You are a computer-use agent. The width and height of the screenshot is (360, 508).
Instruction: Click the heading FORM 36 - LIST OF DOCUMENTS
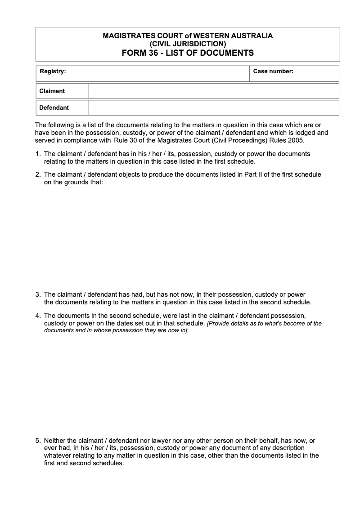tap(188, 53)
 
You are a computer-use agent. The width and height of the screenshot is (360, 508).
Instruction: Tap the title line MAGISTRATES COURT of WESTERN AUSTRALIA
tap(188, 36)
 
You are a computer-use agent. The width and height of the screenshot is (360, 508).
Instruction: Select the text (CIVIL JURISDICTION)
tap(188, 44)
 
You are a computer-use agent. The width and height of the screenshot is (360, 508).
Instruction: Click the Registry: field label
tap(53, 71)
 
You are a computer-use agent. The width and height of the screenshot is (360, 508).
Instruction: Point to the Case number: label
tap(273, 71)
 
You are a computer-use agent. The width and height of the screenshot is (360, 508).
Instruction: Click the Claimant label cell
tap(52, 91)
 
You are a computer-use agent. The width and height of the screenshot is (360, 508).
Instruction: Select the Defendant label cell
tap(54, 108)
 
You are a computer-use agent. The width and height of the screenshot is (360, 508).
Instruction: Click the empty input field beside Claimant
tap(213, 91)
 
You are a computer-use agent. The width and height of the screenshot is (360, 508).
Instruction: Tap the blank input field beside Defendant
tap(213, 108)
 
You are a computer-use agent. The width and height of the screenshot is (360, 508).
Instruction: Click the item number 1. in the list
tap(38, 154)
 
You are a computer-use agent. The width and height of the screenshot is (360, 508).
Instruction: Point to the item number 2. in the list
tap(38, 174)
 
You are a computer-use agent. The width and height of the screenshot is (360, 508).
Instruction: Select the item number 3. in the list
tap(38, 295)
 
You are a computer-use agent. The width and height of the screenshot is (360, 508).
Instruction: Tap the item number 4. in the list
tap(38, 316)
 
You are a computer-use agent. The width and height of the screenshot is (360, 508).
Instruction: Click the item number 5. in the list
tap(38, 441)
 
